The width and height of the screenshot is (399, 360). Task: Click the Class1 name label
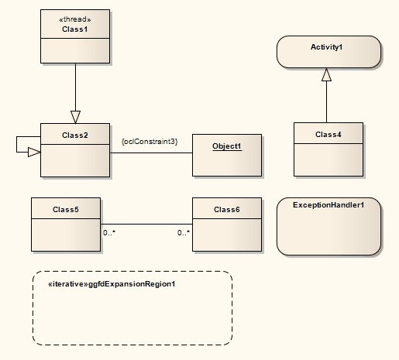point(75,29)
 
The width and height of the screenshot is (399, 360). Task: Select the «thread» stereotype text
point(75,20)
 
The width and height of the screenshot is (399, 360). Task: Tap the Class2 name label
point(75,135)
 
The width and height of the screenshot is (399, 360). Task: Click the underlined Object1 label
point(227,146)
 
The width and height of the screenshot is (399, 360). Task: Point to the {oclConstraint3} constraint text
point(150,142)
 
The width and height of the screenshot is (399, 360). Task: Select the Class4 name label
point(328,135)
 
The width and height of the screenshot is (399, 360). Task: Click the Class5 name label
point(66,209)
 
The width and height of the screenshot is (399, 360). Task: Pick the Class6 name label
point(227,209)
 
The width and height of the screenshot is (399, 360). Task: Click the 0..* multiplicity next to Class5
point(110,232)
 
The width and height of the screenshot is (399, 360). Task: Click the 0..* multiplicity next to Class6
point(184,232)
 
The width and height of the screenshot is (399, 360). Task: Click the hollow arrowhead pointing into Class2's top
point(75,117)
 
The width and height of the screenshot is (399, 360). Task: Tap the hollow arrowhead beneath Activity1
point(327,75)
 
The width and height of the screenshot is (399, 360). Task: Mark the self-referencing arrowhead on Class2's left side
point(33,153)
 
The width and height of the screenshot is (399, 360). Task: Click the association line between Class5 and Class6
point(147,225)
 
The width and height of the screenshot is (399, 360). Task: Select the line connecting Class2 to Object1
point(151,153)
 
